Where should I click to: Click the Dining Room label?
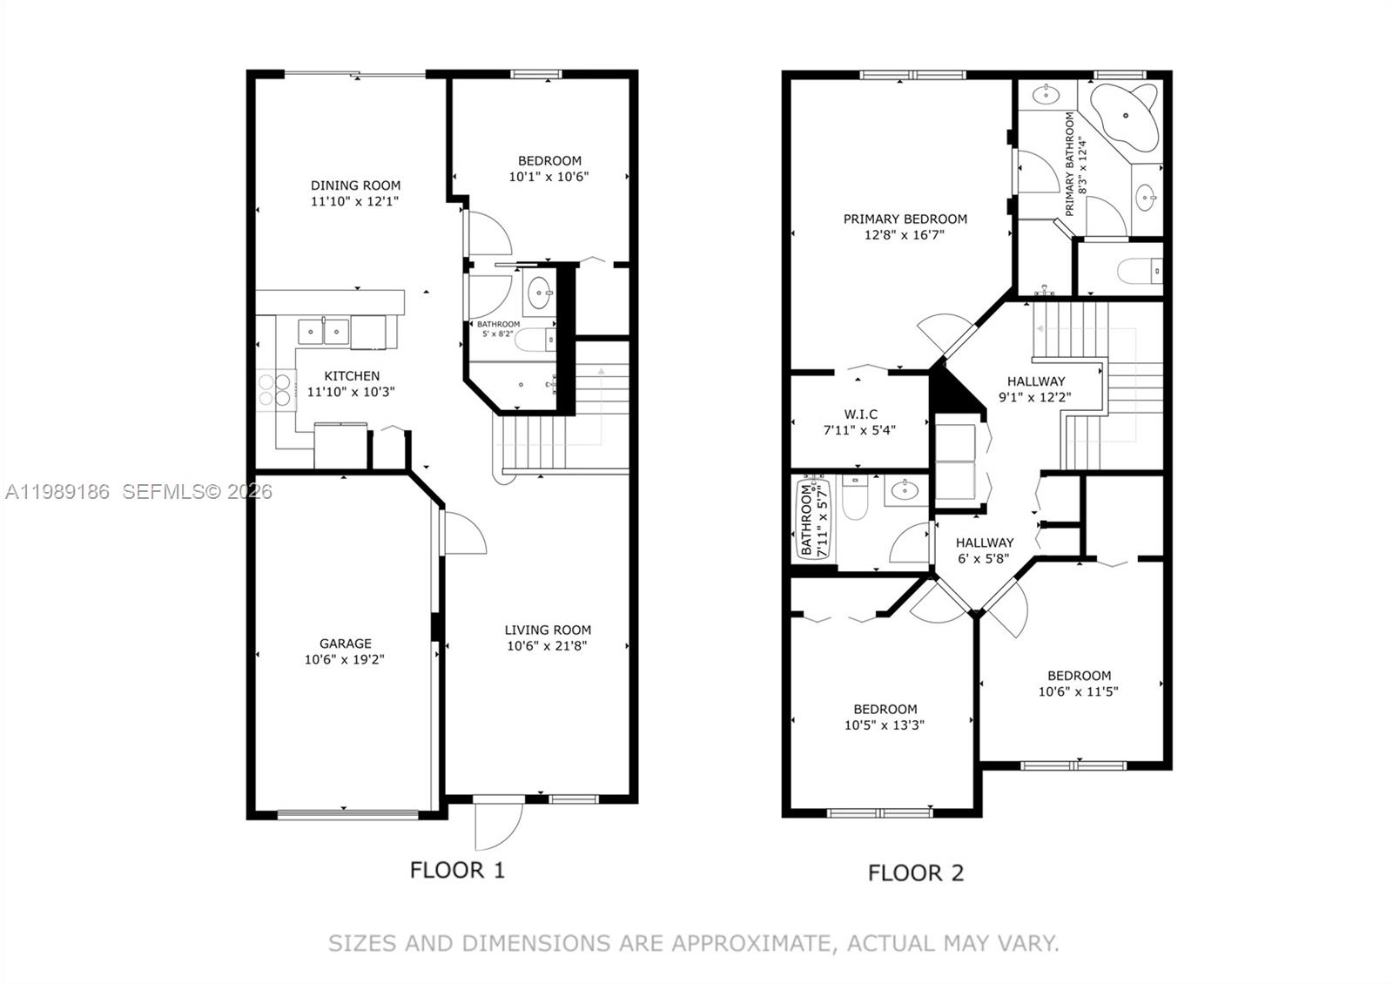pos(355,185)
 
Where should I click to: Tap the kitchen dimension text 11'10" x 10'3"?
pos(351,392)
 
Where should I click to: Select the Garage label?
pos(345,644)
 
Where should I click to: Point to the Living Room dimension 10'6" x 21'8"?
pos(548,646)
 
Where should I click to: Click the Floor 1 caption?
pos(457,870)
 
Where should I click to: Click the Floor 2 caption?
pos(916,873)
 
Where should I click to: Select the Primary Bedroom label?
pos(905,219)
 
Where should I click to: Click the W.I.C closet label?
pos(860,414)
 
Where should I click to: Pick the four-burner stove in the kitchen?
pos(275,389)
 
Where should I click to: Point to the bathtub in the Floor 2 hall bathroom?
pos(806,519)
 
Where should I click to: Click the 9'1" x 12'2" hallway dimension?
pos(1035,397)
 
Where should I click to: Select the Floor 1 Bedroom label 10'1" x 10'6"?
pos(549,160)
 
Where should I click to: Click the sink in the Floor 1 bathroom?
pos(540,293)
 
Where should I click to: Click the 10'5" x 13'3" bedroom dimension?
pos(884,725)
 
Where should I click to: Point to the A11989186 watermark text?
pos(57,492)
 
